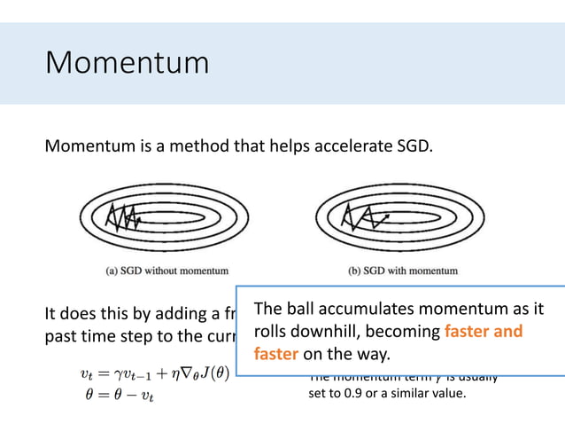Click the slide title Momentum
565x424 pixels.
tap(127, 63)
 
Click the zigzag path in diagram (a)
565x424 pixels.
tap(124, 216)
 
